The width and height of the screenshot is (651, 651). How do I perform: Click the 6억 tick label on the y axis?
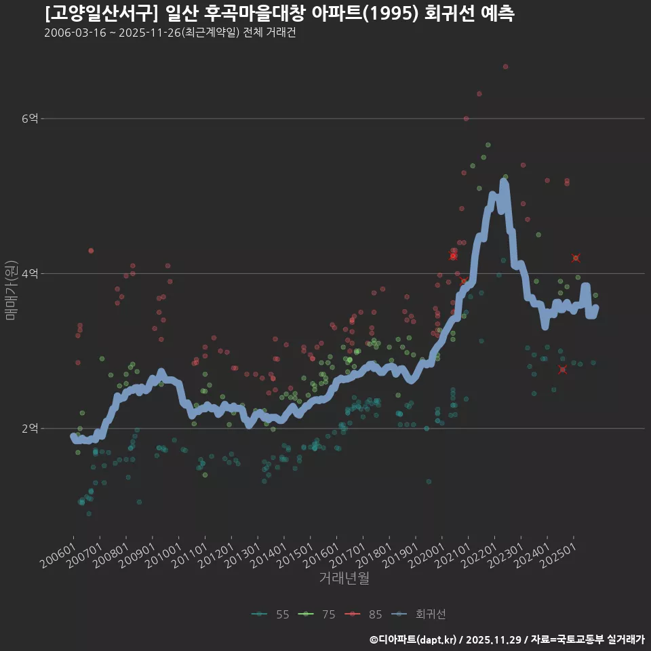[x=29, y=119]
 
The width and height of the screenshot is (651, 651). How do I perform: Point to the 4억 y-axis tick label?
[x=29, y=273]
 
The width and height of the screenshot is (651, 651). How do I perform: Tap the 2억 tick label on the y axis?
[x=29, y=429]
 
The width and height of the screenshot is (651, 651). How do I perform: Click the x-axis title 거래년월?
[x=344, y=578]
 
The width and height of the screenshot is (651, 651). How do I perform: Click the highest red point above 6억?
[x=505, y=66]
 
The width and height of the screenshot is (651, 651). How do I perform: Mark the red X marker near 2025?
[x=576, y=258]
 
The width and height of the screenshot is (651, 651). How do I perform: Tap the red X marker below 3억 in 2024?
[x=562, y=370]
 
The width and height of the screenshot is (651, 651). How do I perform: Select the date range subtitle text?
[x=170, y=33]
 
